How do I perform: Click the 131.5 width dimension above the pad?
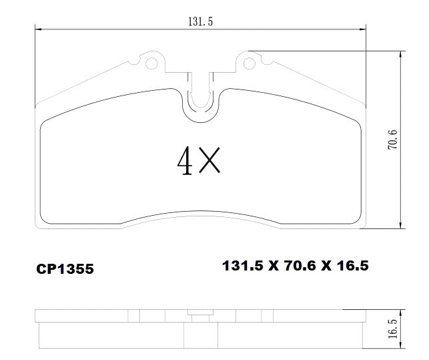coord(200,21)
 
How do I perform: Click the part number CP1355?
coord(65,269)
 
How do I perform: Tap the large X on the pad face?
coord(209,160)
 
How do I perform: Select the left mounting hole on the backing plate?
coord(151,64)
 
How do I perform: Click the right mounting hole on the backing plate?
coord(250,64)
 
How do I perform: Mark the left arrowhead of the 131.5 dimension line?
coord(38,29)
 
